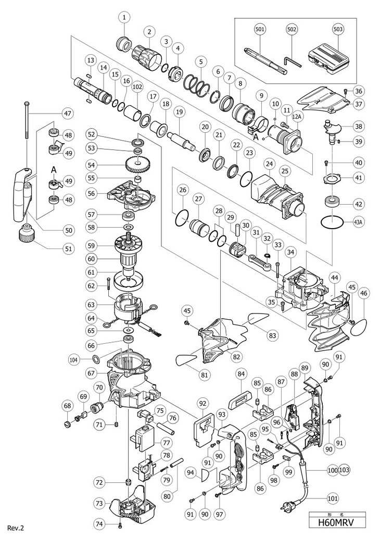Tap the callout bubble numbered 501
[x=259, y=31]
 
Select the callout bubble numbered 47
[x=67, y=113]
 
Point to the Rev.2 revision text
[x=16, y=528]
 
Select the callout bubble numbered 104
[x=74, y=359]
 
